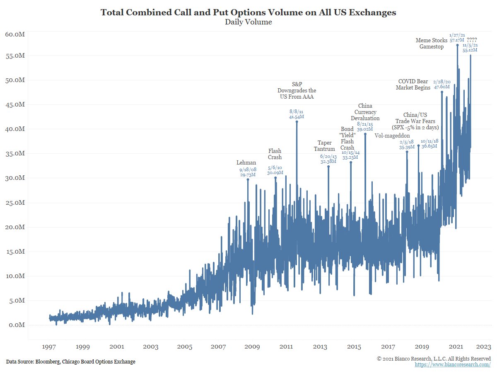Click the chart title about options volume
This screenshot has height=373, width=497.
[248, 12]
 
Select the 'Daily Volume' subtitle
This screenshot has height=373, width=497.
[248, 22]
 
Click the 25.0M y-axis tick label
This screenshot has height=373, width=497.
[15, 203]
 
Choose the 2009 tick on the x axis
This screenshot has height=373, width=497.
[252, 346]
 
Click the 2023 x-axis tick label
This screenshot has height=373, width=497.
[483, 346]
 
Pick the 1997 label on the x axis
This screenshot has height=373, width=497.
[49, 346]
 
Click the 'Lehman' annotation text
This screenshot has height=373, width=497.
[246, 163]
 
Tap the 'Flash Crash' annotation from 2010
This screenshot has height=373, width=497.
[275, 154]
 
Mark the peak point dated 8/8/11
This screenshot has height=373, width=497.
[297, 122]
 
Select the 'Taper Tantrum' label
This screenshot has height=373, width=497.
[324, 146]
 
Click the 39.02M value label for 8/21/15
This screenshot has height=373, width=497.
[365, 129]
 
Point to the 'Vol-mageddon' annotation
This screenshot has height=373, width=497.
[392, 136]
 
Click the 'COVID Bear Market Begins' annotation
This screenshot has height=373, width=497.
[413, 85]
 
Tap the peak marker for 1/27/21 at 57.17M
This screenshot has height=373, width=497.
[457, 45]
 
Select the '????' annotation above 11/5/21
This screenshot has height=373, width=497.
[472, 40]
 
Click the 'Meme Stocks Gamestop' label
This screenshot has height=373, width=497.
[432, 44]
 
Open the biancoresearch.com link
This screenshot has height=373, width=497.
[453, 365]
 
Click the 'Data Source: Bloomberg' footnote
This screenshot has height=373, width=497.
[70, 362]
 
